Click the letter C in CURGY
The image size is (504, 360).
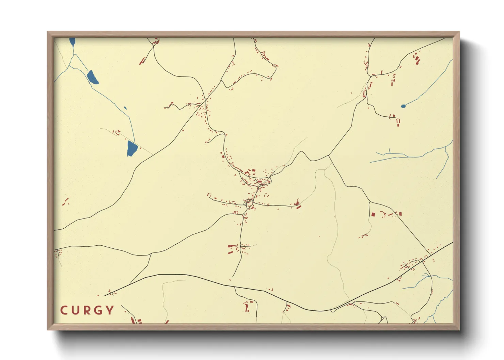tap(64, 310)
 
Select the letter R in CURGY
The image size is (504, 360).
tap(87, 310)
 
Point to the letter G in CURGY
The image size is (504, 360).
tap(98, 310)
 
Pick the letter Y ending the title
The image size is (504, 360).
tap(110, 310)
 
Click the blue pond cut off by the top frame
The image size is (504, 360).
tap(72, 41)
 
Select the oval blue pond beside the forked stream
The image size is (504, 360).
tap(92, 77)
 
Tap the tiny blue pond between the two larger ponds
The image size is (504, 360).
tap(125, 108)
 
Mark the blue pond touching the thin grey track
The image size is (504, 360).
tap(132, 148)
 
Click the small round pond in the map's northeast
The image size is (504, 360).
tap(404, 106)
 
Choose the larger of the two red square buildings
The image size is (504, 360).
tap(373, 215)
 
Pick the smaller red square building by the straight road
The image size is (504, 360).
tap(400, 214)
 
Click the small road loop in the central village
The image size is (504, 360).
tap(249, 204)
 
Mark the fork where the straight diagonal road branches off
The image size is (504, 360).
tap(329, 156)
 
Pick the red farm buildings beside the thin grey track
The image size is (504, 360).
tap(116, 132)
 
